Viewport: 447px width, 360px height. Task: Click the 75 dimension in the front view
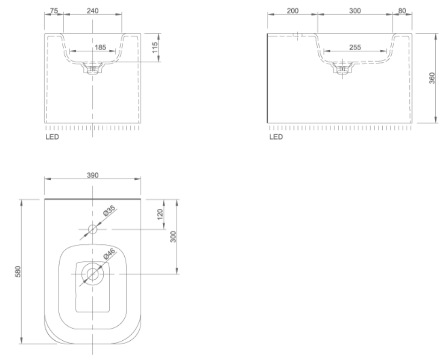(53, 10)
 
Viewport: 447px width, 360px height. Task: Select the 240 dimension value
(93, 10)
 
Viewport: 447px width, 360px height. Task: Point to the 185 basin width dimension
(99, 47)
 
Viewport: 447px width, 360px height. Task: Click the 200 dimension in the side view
(292, 10)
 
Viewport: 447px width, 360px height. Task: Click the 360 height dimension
(432, 78)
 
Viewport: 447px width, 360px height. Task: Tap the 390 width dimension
(92, 175)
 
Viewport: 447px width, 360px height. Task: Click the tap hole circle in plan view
(92, 230)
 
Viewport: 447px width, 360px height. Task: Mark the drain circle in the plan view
(92, 274)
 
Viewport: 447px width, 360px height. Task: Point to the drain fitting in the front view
(92, 69)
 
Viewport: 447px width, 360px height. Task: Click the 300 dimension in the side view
(355, 10)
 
